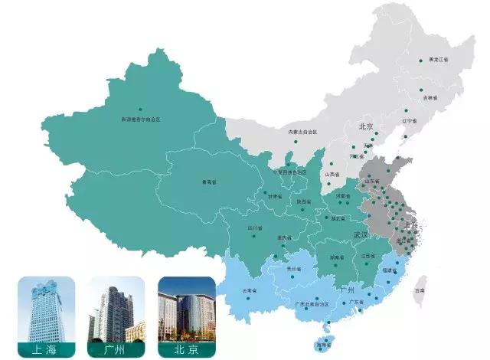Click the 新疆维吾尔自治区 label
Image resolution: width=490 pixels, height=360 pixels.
coord(140,119)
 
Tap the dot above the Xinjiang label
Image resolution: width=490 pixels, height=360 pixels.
coord(140,110)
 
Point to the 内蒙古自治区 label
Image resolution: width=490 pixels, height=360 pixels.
coord(302,132)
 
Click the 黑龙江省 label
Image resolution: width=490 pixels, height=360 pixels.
coord(439,59)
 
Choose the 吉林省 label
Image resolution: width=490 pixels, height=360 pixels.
coord(430,98)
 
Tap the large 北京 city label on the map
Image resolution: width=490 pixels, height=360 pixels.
coord(364,127)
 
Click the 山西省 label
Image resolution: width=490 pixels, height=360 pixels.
coord(333,174)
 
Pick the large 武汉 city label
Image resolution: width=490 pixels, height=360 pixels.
coord(360,234)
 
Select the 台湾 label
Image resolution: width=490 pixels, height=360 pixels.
coord(419,291)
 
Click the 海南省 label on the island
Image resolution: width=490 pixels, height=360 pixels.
coord(324,345)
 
